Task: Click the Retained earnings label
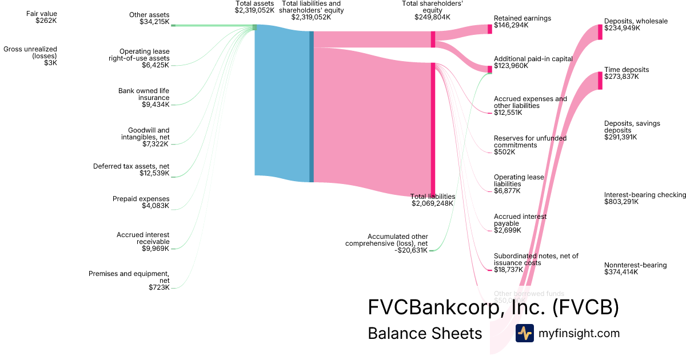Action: click(522, 18)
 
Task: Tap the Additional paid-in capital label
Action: click(533, 58)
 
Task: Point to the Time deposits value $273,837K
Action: click(621, 77)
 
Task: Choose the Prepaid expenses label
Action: click(141, 199)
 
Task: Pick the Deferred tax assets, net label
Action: click(131, 166)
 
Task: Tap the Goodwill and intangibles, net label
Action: click(145, 134)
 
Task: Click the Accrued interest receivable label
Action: click(142, 238)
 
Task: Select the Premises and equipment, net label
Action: click(129, 277)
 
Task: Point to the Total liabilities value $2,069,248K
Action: click(432, 203)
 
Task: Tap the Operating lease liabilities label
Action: click(519, 181)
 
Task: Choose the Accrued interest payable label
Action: click(520, 220)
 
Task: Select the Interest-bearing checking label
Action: click(645, 195)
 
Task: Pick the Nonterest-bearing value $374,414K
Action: click(621, 273)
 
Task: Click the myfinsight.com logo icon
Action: click(524, 333)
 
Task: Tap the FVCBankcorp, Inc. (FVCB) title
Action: click(493, 307)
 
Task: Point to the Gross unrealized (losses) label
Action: click(30, 53)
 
